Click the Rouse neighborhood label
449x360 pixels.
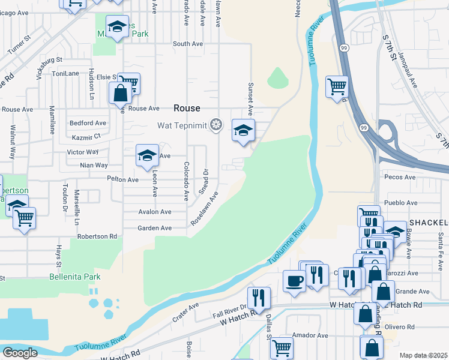187,108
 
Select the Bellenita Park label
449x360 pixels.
75,277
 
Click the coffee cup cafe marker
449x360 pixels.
295,281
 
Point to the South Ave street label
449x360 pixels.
188,44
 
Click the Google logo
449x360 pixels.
20,352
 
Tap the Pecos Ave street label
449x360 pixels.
401,178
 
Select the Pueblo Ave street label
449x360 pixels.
401,203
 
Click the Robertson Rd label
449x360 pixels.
97,236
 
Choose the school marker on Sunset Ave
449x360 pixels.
243,130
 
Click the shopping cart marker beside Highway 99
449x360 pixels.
337,86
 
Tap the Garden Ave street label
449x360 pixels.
154,228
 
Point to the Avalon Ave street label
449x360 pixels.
154,212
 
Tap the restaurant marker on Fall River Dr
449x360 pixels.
259,297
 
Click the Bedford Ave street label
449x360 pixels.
88,123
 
